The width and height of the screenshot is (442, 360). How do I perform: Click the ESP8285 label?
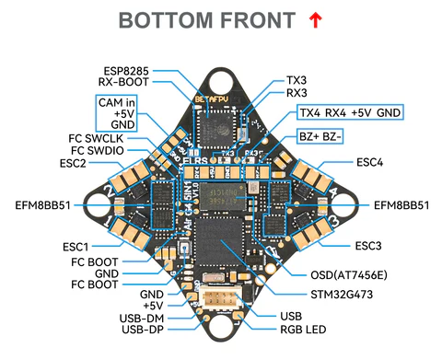click(x=126, y=69)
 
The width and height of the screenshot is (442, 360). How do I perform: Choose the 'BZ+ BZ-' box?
click(x=320, y=136)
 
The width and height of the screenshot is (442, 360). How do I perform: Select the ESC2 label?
click(x=74, y=163)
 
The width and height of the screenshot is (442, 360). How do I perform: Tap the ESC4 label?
click(x=369, y=163)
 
